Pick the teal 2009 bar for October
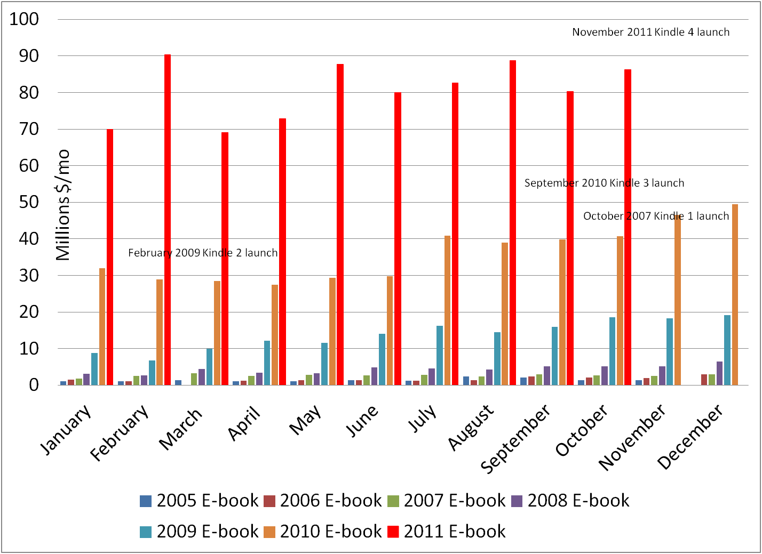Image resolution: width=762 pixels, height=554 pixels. coord(612,351)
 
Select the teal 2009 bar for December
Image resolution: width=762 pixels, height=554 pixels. coord(727,350)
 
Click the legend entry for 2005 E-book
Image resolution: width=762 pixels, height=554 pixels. coord(199,501)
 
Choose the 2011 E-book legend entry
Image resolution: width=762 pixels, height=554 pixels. coord(446,532)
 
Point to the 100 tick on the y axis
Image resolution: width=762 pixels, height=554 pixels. coord(25,19)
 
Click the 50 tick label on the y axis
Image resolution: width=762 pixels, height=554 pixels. coord(29,202)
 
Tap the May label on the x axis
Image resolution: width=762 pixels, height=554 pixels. coord(305,419)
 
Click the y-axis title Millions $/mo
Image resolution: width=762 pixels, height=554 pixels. coord(63,205)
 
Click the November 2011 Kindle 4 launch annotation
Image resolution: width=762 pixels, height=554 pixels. coord(650,32)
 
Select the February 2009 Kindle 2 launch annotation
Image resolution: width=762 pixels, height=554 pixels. coord(203,253)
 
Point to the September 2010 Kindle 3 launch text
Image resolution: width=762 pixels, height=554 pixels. coord(604,183)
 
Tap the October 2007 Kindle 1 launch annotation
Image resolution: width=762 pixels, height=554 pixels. coord(656,216)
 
